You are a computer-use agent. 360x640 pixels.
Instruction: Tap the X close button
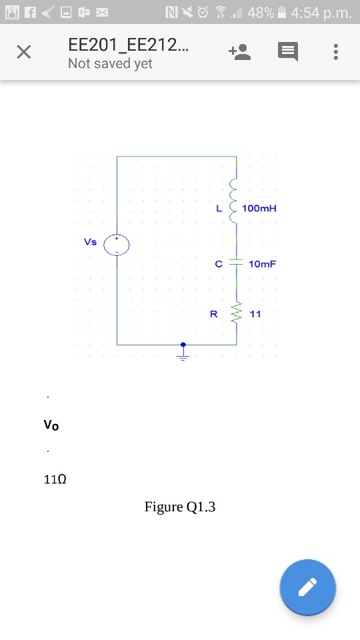(x=23, y=53)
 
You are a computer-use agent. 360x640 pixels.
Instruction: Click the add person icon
(x=239, y=53)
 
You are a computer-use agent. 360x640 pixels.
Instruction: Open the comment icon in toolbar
(x=288, y=53)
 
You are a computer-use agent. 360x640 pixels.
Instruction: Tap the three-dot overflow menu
(x=336, y=53)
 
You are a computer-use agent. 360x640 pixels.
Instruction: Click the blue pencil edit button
(x=307, y=587)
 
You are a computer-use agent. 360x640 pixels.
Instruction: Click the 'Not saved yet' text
(x=110, y=64)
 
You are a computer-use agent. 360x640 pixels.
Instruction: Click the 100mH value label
(x=259, y=209)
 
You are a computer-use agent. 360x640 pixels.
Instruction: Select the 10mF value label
(x=261, y=264)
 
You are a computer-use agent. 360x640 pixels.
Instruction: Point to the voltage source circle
(x=116, y=245)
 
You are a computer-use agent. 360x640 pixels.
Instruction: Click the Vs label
(x=90, y=242)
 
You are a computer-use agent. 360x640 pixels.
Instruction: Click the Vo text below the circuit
(x=51, y=425)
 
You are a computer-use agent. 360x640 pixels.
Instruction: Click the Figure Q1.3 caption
(x=180, y=507)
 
